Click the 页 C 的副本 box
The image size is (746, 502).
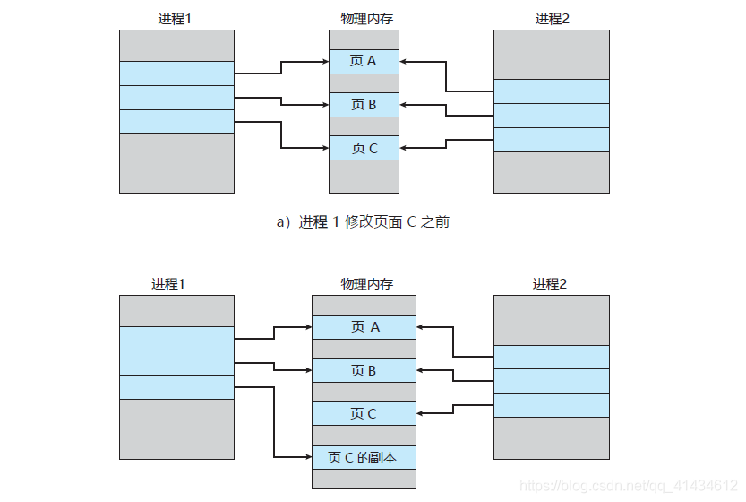point(364,457)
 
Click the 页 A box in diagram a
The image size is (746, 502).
point(364,61)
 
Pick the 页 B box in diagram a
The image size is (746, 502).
point(364,105)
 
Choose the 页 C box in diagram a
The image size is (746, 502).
point(364,148)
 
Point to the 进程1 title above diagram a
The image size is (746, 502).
point(176,18)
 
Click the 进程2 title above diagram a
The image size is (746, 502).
point(552,18)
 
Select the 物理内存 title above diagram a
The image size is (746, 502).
point(364,18)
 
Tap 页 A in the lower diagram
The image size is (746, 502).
point(364,327)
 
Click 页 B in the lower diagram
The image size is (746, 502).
point(364,370)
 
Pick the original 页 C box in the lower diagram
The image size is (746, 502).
point(364,413)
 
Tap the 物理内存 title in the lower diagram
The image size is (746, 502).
point(364,284)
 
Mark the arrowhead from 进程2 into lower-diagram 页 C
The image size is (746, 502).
point(422,413)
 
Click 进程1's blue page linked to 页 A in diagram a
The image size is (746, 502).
point(176,74)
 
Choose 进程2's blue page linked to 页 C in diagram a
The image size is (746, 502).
point(551,140)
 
